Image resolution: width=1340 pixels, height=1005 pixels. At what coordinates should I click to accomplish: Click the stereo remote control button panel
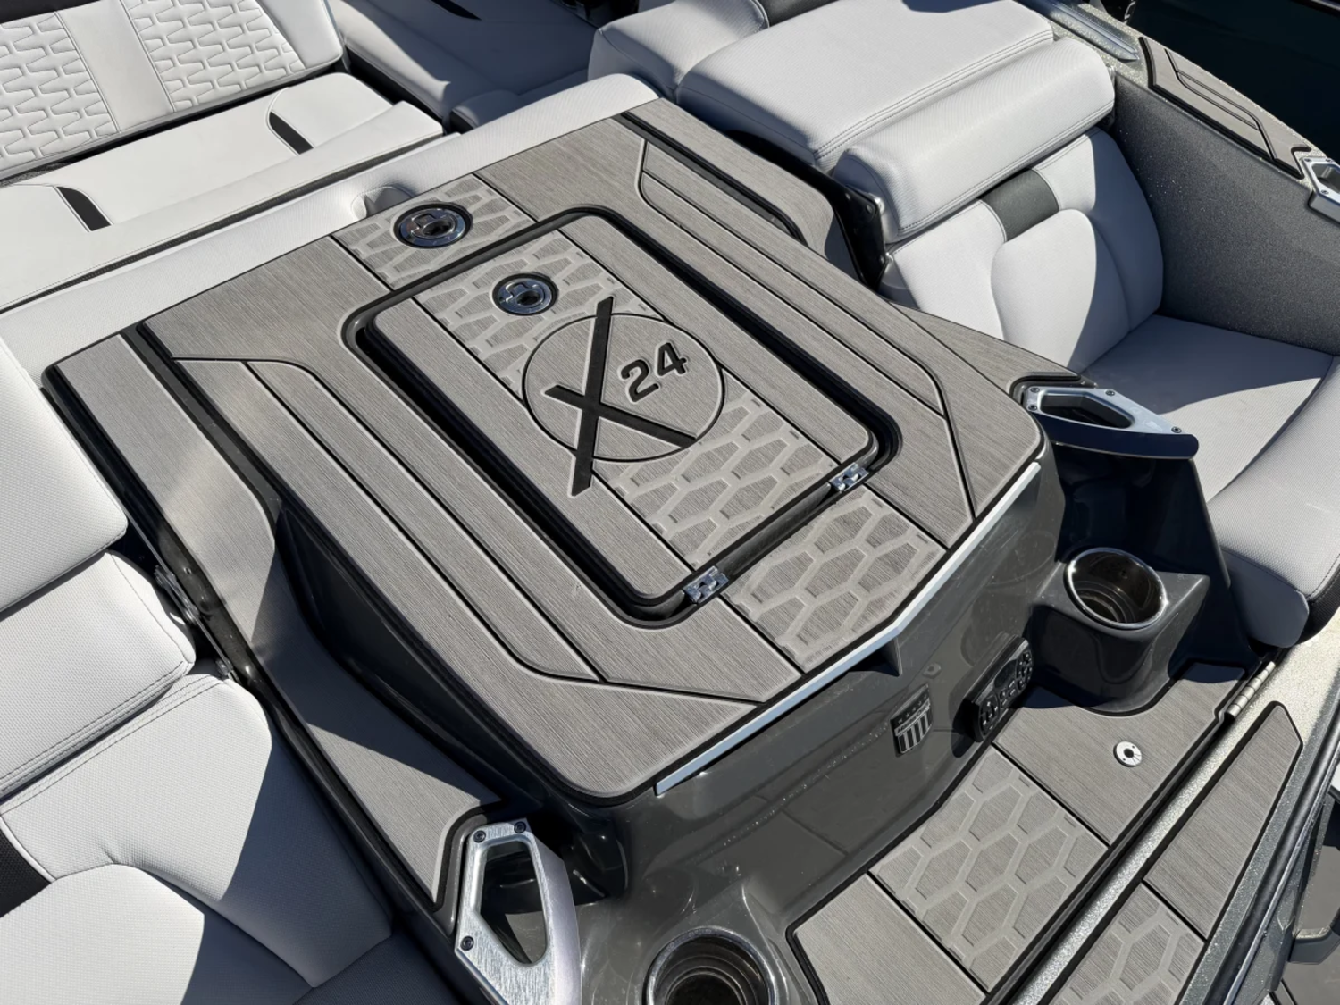pyautogui.click(x=1002, y=683)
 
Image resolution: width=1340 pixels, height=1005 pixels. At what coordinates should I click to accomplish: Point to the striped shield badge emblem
pyautogui.click(x=911, y=719)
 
